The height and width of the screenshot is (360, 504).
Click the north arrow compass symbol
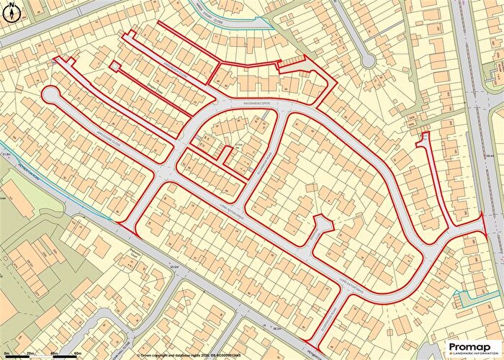[9, 9]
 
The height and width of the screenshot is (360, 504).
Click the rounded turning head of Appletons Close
[50, 95]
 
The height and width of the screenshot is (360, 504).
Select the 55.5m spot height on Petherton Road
[174, 268]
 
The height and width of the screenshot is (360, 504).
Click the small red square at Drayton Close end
[114, 67]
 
